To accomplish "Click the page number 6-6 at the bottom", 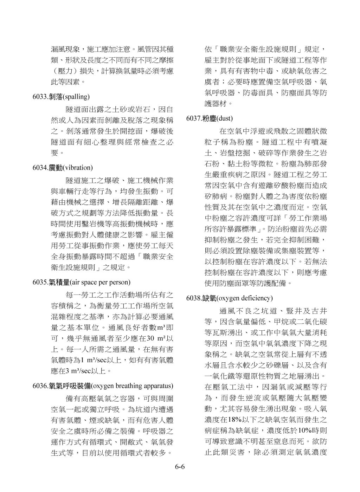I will coord(180,467).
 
